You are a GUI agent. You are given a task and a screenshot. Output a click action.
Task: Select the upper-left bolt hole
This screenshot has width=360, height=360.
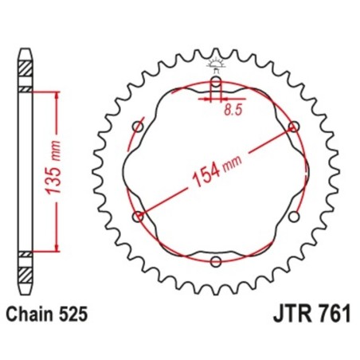click(x=138, y=127)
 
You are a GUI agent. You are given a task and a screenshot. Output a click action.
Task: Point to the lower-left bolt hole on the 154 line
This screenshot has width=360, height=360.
click(x=139, y=216)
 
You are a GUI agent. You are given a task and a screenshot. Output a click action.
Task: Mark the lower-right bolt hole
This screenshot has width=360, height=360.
click(x=294, y=216)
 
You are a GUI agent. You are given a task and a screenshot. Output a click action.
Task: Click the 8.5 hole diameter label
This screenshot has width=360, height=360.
click(x=232, y=112)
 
